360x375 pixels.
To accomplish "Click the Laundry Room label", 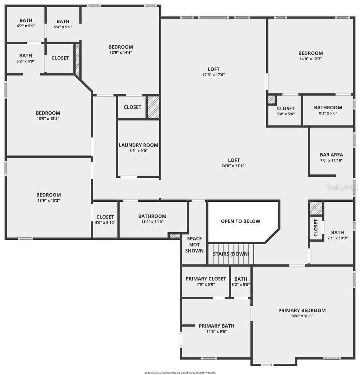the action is (x=139, y=145).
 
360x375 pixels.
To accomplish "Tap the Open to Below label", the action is (x=240, y=221).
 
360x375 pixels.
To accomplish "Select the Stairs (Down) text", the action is (x=231, y=254).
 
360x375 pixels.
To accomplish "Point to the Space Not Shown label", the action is (x=194, y=245).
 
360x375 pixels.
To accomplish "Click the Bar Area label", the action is (x=331, y=155).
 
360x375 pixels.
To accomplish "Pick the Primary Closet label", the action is (x=206, y=279).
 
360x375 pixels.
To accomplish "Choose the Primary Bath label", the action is (x=217, y=326).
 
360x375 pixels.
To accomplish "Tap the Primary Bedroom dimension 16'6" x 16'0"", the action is (x=302, y=316).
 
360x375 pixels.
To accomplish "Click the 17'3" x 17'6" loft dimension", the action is (x=214, y=75).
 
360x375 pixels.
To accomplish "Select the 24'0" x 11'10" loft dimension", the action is (x=234, y=166).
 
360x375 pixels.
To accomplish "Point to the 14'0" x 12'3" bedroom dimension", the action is (x=310, y=59).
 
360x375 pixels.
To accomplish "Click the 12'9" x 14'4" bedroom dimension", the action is (x=121, y=53).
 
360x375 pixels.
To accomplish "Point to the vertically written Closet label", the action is (x=315, y=228).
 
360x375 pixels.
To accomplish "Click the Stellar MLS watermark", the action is (x=342, y=188).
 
